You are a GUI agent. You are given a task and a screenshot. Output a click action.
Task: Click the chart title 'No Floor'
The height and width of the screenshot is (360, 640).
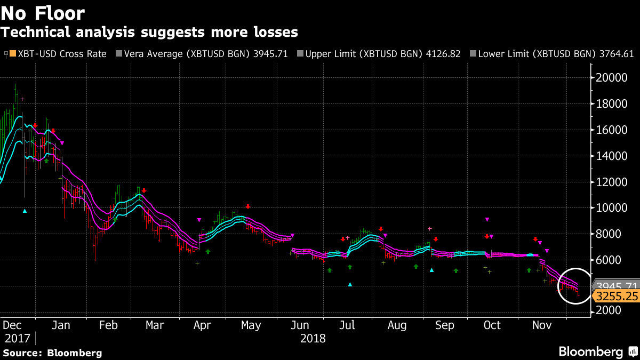43,13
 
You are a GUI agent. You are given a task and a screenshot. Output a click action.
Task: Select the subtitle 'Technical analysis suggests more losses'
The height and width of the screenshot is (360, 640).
149,32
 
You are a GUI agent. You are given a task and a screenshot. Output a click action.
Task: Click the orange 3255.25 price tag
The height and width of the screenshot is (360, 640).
618,297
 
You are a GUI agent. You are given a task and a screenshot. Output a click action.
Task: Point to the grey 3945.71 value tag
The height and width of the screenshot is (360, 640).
617,286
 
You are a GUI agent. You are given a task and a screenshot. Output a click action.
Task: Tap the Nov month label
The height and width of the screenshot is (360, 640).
542,325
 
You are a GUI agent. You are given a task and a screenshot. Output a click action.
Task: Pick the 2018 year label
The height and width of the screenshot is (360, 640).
313,338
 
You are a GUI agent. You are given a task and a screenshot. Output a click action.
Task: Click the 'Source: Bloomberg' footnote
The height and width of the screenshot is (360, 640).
52,353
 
